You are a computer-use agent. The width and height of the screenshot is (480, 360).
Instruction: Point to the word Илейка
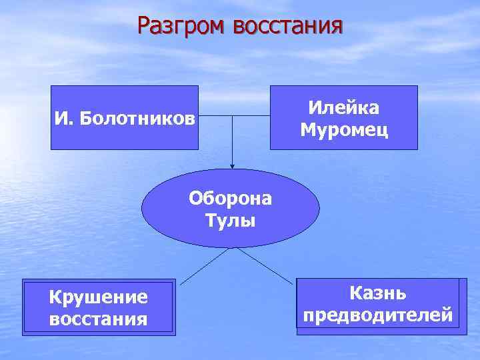pos(343,108)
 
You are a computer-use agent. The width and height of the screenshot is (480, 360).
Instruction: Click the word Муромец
pos(343,129)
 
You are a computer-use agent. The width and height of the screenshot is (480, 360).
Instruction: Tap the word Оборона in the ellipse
pos(231,199)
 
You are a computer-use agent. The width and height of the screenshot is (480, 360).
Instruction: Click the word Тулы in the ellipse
pos(231,221)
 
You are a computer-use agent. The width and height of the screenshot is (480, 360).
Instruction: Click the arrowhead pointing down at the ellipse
pos(232,165)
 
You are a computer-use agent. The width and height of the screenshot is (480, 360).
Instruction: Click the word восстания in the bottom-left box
pos(98,319)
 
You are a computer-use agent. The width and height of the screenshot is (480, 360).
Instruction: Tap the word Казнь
pos(378,293)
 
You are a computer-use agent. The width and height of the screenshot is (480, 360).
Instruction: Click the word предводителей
pos(378,314)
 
